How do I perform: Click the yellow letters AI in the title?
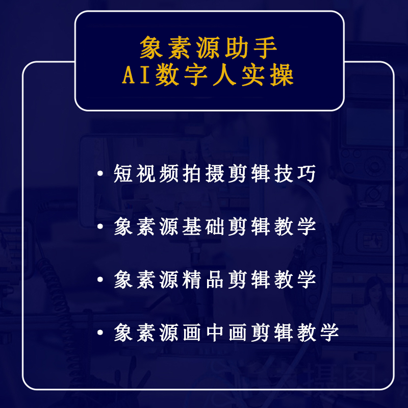tap(136, 75)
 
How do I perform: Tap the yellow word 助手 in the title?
tap(251, 47)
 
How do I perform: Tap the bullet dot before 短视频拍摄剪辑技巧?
tap(100, 173)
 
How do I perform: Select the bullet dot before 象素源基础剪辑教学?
tap(100, 226)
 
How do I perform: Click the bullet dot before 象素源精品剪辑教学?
tap(100, 279)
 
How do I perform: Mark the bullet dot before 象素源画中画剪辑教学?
tap(100, 333)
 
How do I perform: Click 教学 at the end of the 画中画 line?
tap(318, 333)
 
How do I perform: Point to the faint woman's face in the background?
tap(376, 294)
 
